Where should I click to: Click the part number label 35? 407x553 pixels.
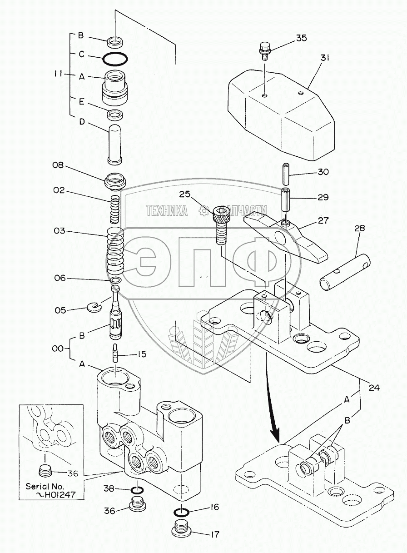(x=301, y=38)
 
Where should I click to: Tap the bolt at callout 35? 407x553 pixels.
(x=264, y=49)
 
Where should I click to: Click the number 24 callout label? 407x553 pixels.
(x=374, y=388)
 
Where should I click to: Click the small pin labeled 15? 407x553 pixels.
(x=115, y=353)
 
